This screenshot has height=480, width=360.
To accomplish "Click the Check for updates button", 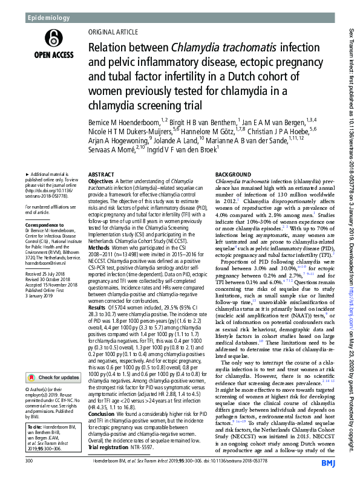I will coord(51,361).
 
